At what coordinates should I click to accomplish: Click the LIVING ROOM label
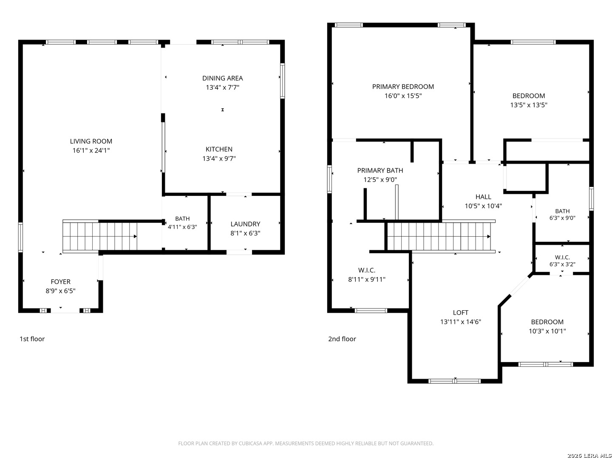(x=91, y=141)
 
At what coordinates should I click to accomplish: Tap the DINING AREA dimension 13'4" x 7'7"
(x=223, y=88)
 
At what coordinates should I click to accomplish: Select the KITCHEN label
(x=219, y=149)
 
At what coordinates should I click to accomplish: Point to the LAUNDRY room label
(x=245, y=224)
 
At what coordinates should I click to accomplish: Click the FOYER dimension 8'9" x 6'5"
(x=60, y=291)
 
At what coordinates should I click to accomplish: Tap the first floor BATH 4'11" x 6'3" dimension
(x=182, y=227)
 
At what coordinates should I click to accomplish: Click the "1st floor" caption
(x=32, y=339)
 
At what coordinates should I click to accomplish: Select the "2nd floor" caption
(x=342, y=339)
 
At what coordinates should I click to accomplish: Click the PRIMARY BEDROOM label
(x=403, y=87)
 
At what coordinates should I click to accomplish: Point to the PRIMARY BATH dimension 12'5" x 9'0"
(x=380, y=180)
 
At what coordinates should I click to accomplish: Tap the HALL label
(x=483, y=197)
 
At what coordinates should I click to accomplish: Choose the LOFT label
(x=460, y=313)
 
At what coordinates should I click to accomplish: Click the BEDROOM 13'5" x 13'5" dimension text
(x=529, y=105)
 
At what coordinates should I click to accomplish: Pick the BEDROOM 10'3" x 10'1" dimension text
(x=547, y=331)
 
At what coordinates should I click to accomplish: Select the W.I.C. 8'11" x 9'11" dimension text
(x=367, y=280)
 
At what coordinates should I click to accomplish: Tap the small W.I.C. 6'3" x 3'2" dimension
(x=562, y=264)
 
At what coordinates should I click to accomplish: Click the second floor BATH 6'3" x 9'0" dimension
(x=562, y=218)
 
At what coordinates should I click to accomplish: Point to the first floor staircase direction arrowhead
(x=135, y=237)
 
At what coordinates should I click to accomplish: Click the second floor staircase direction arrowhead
(x=488, y=237)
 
